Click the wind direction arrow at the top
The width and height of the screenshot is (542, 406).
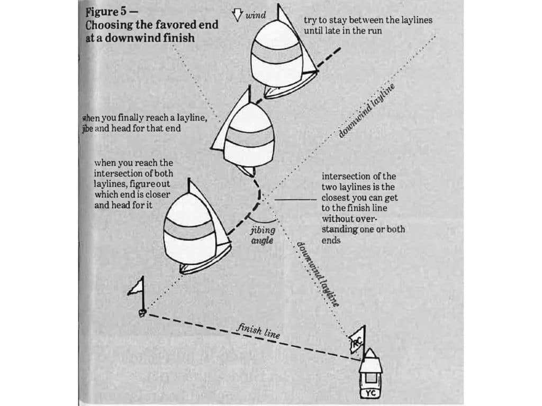pos(237,15)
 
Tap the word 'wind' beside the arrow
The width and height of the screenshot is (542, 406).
pos(255,15)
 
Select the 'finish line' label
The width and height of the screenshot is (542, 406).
pos(258,331)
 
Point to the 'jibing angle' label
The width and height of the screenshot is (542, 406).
pos(262,235)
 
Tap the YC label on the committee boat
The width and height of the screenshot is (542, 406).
pos(371,393)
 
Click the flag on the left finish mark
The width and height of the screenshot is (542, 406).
pos(136,287)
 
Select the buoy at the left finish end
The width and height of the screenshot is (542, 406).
pos(142,312)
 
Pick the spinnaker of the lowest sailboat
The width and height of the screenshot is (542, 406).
pos(189,233)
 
